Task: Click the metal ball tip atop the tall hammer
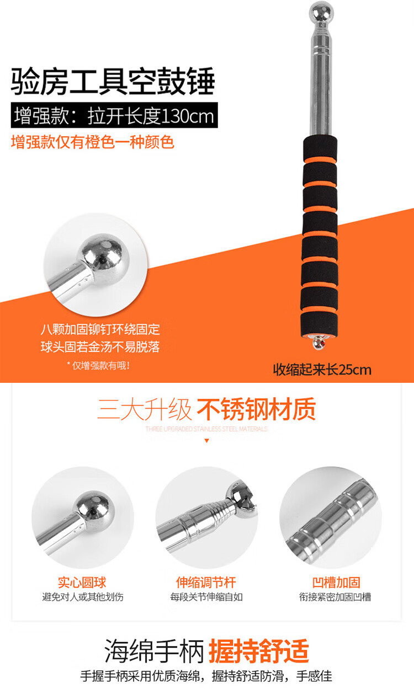(321, 12)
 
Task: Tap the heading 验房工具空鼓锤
(113, 81)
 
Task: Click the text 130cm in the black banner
(187, 116)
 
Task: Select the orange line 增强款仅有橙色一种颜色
(93, 142)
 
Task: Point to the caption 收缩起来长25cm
(322, 370)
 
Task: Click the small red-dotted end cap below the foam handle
(319, 343)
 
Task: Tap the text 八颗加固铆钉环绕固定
(100, 329)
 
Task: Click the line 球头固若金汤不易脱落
(100, 347)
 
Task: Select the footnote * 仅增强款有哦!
(98, 365)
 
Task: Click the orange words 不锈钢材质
(256, 409)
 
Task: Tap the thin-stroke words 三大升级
(145, 409)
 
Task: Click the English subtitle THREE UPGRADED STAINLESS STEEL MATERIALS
(207, 429)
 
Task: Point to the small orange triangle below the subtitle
(207, 441)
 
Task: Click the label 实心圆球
(82, 583)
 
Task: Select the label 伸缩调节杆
(206, 583)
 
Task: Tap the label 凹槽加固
(336, 583)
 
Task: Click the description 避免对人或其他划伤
(83, 597)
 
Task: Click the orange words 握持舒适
(258, 650)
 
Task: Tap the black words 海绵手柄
(154, 650)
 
